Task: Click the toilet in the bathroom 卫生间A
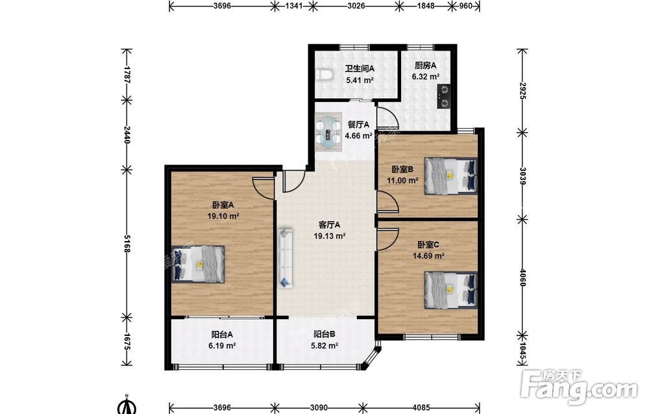324,75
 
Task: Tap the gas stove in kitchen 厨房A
443,97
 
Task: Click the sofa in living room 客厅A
286,258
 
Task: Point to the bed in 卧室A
198,265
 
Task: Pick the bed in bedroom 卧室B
451,175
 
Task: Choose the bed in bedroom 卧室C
451,290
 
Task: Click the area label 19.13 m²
330,236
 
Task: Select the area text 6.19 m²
222,346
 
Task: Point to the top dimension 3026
356,6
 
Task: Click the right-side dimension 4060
522,278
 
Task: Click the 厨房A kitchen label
426,66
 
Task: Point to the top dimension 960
465,6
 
